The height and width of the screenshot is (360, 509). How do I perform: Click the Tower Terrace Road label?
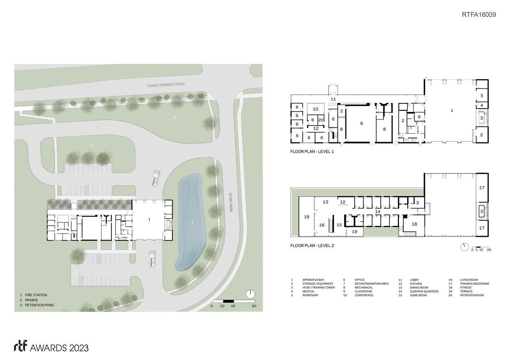166,85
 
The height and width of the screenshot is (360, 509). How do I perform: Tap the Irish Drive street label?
231,202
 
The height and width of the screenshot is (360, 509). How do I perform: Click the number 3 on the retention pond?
192,223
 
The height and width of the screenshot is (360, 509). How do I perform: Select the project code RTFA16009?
479,14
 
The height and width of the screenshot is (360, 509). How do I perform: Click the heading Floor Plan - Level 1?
312,152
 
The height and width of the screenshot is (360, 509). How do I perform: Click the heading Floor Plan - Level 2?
312,246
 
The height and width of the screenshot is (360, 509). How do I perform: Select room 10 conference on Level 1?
315,109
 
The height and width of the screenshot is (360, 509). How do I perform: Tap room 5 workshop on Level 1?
482,96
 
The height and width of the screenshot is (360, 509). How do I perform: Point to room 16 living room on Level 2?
322,225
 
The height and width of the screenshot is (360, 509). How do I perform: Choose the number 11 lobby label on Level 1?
333,99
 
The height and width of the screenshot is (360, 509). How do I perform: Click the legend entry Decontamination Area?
371,284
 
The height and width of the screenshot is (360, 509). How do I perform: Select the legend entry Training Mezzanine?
475,284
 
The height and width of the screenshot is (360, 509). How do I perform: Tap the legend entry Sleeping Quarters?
424,291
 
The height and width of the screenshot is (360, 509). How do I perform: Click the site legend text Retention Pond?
39,305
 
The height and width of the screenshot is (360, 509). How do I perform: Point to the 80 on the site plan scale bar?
254,306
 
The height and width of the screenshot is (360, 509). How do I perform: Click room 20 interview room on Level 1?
321,120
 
